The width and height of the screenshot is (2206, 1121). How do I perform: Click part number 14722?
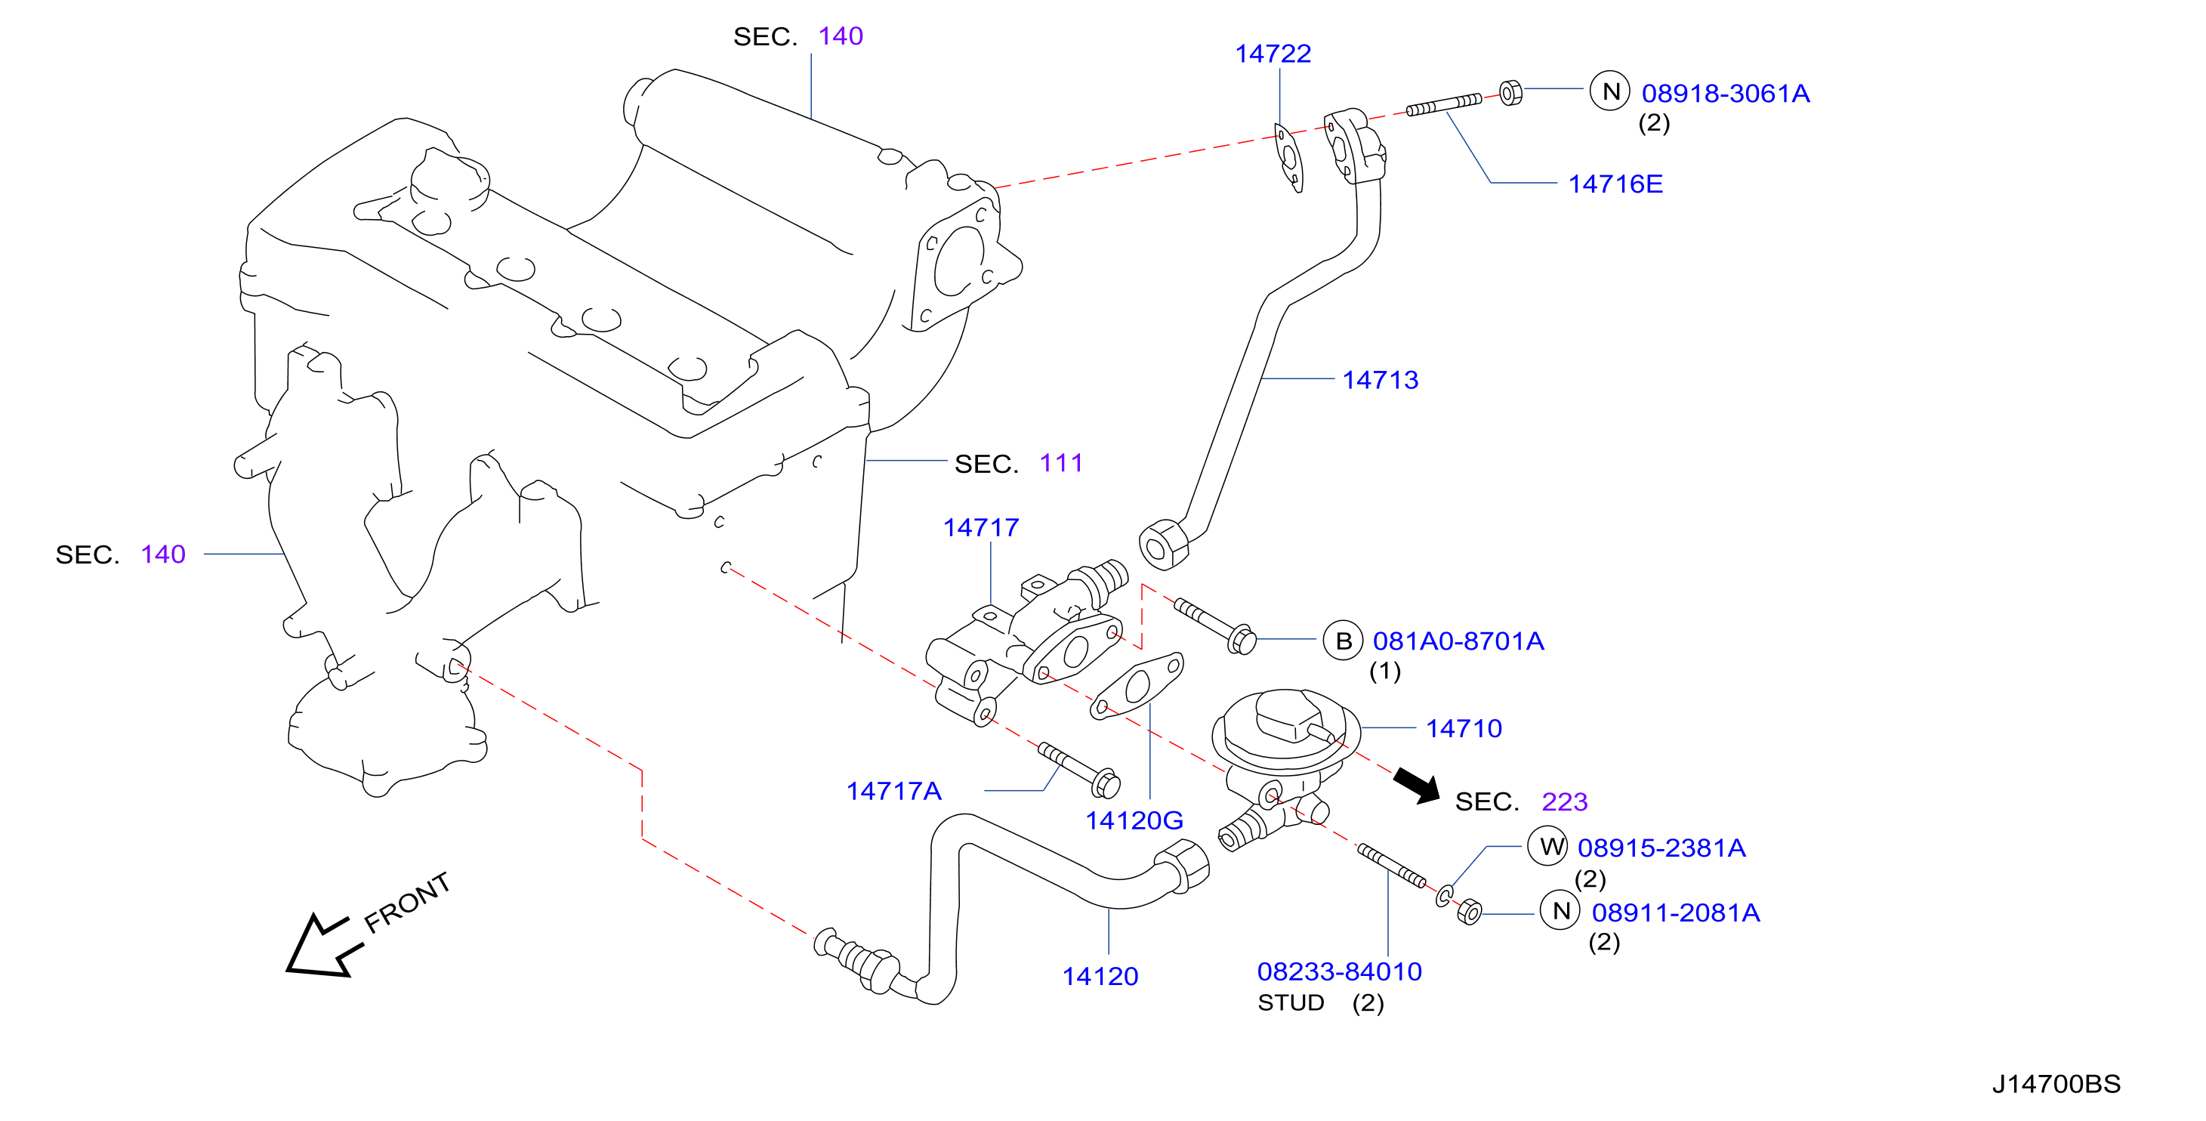[1272, 54]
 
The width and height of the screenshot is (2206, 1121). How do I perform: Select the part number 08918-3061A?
[1725, 94]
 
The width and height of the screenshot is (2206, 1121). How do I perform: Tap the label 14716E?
[1615, 184]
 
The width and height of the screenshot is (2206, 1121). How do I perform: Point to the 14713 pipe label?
[1380, 379]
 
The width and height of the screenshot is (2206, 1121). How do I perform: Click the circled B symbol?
[1343, 641]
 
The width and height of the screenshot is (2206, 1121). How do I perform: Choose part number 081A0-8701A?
[1458, 641]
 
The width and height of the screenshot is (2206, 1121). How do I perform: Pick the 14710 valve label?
[1464, 729]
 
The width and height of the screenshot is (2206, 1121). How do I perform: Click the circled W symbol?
[1547, 847]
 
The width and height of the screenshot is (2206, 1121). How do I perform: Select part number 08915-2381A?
[1661, 848]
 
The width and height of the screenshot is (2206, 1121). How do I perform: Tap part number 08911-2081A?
[1675, 913]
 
